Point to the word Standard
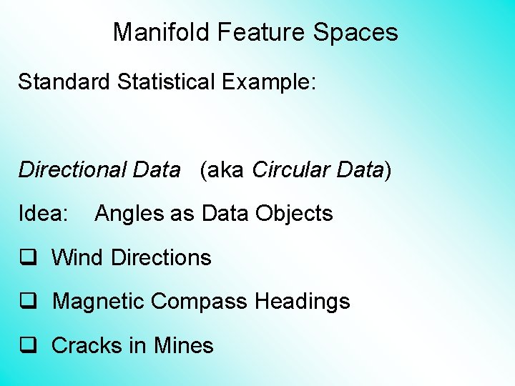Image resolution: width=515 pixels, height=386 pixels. click(64, 81)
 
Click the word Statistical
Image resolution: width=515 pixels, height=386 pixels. click(166, 81)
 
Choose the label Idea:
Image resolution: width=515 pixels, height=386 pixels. click(44, 214)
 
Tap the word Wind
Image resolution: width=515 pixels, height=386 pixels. click(78, 257)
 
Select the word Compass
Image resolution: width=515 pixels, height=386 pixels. click(198, 302)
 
